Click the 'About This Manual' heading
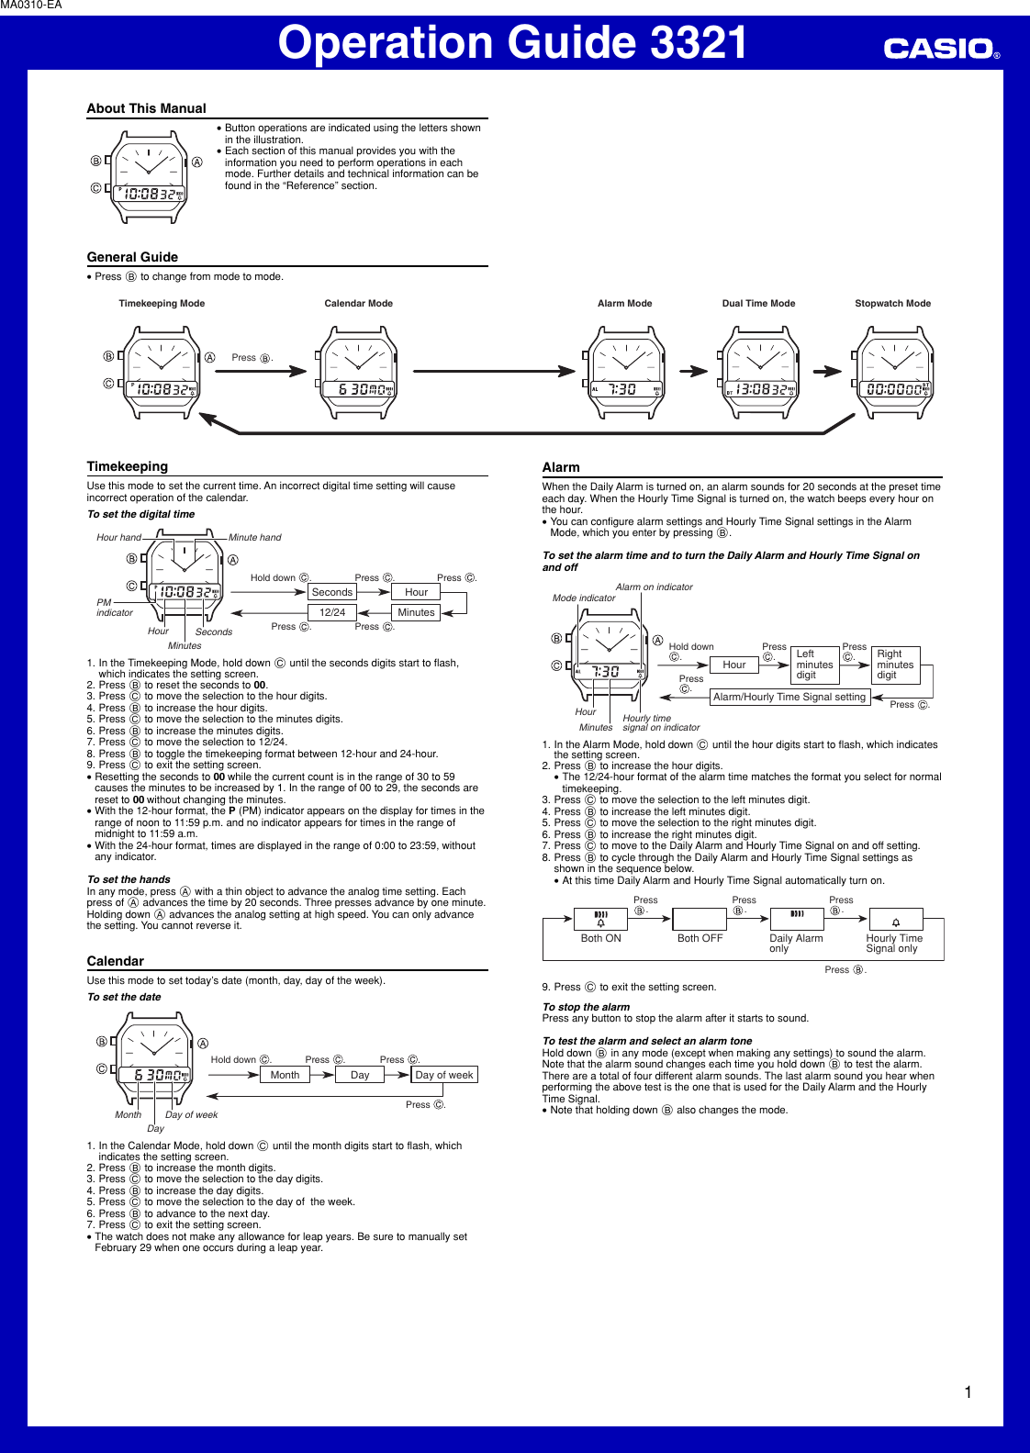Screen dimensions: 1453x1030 click(147, 108)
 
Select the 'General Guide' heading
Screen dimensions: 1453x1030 click(132, 257)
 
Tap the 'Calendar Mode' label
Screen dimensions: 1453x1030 click(358, 303)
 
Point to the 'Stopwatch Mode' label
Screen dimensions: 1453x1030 click(892, 303)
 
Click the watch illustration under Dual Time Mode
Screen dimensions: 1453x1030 click(759, 373)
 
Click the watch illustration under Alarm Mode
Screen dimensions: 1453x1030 click(625, 373)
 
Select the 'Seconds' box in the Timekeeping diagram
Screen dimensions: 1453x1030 click(332, 592)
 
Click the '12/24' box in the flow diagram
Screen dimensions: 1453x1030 click(332, 612)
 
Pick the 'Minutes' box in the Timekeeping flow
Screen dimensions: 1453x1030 click(416, 612)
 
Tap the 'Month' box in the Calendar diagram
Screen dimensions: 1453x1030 click(285, 1075)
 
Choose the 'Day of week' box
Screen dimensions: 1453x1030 click(444, 1075)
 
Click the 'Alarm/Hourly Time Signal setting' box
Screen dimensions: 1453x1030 click(789, 697)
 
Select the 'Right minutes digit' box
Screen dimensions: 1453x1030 click(895, 665)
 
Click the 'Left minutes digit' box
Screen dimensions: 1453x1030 click(814, 665)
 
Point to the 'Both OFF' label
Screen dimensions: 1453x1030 click(700, 938)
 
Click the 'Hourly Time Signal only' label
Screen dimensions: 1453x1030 click(894, 944)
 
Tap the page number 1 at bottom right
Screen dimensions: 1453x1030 click(968, 1392)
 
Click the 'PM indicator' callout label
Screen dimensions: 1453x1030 click(114, 608)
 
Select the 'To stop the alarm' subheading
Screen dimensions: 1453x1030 click(586, 1007)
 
